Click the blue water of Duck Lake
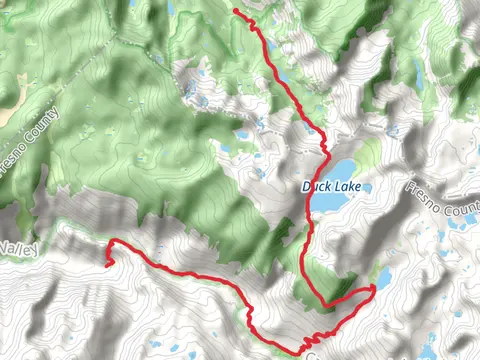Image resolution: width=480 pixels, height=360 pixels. (x=338, y=168)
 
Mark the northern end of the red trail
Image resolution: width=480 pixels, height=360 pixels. (x=236, y=11)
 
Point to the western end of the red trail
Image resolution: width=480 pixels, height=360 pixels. (x=106, y=265)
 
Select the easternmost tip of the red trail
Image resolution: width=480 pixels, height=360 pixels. (x=373, y=288)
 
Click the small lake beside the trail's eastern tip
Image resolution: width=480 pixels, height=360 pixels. (x=383, y=276)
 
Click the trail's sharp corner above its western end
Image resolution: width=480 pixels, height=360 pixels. (x=113, y=242)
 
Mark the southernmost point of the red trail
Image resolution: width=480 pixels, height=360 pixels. (x=297, y=351)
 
